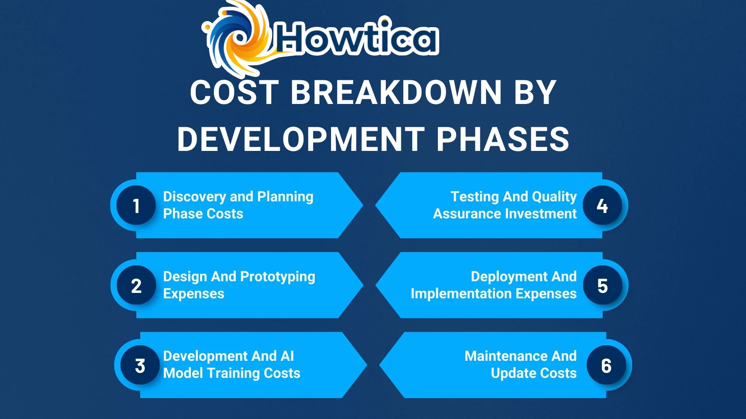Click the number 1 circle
(136, 205)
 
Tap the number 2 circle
(136, 286)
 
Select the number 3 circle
(140, 365)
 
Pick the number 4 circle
(602, 205)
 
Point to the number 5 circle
(603, 286)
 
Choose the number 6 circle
(606, 365)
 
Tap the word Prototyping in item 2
(277, 277)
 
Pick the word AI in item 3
(287, 356)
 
